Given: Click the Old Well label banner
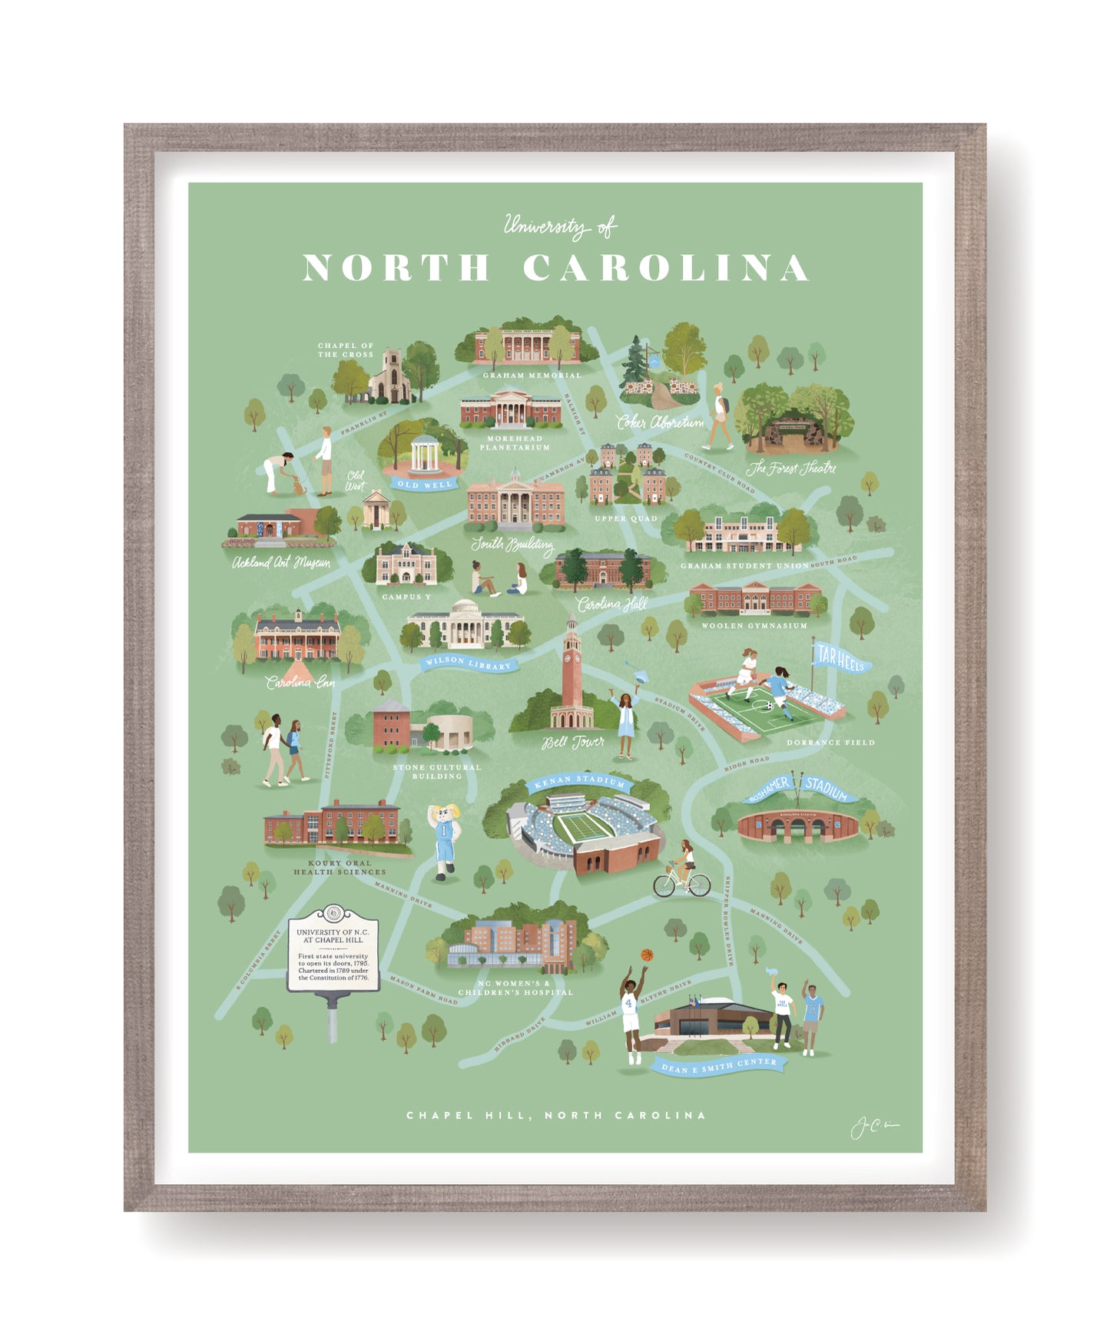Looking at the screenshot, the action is (x=425, y=484).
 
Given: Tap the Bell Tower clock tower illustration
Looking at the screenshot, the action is (x=572, y=676).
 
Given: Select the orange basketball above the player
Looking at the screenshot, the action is (x=647, y=955).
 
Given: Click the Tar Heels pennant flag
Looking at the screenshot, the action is (x=840, y=658).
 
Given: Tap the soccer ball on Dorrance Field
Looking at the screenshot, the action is (x=770, y=706).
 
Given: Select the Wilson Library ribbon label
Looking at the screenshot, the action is (x=468, y=663).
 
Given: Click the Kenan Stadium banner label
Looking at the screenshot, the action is (x=580, y=782).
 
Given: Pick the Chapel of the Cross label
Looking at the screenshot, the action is (x=346, y=350).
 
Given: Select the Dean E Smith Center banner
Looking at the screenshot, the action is (x=719, y=1065).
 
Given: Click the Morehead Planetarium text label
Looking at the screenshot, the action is (x=515, y=443).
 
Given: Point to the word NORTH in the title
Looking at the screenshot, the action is (x=396, y=268).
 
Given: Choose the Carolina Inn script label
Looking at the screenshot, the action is (x=300, y=682).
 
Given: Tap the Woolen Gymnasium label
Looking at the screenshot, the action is (x=754, y=626).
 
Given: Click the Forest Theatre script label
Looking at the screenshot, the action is (x=791, y=468).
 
